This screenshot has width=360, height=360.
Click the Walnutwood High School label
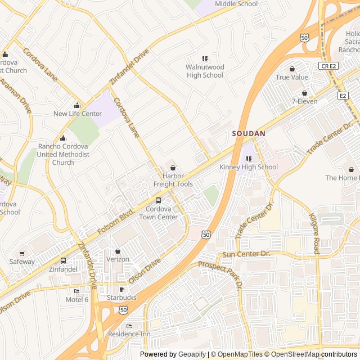[x=205, y=71]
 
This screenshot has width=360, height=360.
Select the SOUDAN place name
[x=249, y=134]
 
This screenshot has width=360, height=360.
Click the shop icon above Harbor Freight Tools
[x=173, y=168]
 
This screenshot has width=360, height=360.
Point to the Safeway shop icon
[x=22, y=254]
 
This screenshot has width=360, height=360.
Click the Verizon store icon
[x=118, y=251]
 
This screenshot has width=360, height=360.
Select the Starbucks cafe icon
[x=121, y=290]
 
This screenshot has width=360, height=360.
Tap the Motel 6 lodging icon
[x=77, y=291]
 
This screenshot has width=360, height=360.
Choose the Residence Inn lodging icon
[x=129, y=326]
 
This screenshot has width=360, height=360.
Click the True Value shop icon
[x=291, y=69]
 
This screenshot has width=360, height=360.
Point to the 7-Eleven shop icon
[x=304, y=93]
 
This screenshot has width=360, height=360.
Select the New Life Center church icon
[x=78, y=106]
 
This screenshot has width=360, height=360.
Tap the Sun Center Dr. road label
[x=246, y=254]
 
